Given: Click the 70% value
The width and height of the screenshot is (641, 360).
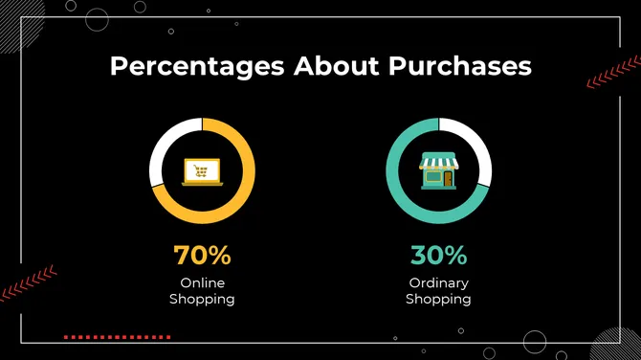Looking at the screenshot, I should tap(202, 256).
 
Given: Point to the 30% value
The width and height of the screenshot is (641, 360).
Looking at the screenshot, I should tap(438, 256).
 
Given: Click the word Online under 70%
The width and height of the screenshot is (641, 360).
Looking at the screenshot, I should tap(202, 283).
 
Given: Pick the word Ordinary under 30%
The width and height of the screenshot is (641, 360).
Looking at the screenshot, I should tap(438, 283).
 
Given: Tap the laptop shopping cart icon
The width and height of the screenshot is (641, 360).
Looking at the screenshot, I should tap(202, 172).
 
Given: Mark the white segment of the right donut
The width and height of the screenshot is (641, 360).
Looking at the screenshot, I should tap(478, 148).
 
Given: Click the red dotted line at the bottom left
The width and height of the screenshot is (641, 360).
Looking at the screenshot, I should tap(117, 337).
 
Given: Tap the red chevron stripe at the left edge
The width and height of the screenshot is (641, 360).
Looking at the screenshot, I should tap(27, 283).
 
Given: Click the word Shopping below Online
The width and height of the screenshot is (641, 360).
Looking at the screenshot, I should tap(202, 300).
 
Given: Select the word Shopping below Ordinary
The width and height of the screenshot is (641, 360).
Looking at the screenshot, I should tap(438, 300).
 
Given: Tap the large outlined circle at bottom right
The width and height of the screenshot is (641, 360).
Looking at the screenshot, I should tap(534, 342).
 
